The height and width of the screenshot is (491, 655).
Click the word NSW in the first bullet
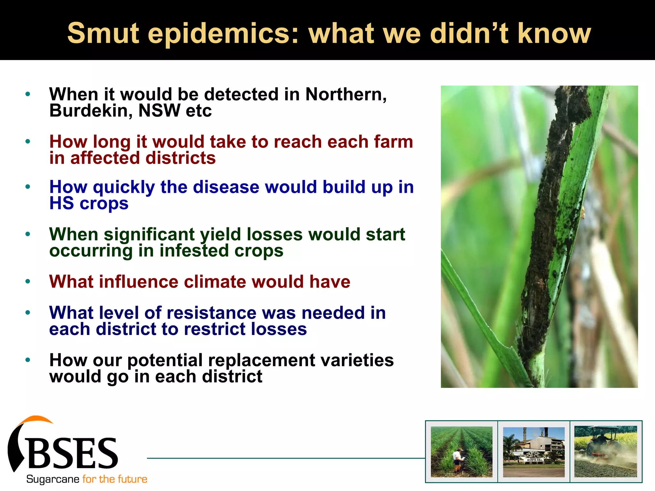[159, 111]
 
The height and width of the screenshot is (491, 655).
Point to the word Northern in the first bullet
[345, 94]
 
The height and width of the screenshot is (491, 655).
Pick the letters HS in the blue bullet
[61, 203]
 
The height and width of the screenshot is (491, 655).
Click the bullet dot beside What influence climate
[28, 282]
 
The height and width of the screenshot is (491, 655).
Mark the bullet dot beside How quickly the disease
[28, 187]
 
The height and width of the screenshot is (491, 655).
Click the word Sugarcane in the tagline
[53, 479]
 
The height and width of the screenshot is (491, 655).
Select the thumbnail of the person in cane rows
[462, 451]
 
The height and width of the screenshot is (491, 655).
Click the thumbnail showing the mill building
[534, 451]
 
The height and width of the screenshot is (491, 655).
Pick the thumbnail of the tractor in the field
[606, 451]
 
